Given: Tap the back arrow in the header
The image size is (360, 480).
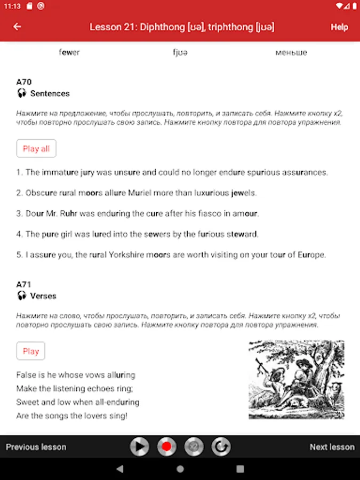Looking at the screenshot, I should coord(17,27).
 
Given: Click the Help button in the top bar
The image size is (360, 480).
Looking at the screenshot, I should coord(339,27).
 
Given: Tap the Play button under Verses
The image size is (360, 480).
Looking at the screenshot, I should coord(31,351).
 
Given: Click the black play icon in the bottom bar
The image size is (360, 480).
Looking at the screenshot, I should coord(140,446).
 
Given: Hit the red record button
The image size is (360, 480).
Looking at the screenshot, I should coord(167,446).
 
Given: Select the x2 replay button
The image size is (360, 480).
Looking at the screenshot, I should coord(194,446).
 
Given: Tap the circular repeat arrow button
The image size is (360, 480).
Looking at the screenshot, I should coord(221,446).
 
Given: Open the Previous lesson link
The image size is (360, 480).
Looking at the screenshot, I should coord(36,447).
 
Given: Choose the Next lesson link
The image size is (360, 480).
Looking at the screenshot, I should coord(332,447).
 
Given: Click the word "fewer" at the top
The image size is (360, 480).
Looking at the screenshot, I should coord(69,52).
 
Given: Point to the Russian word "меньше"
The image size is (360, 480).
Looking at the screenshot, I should coord(291,52).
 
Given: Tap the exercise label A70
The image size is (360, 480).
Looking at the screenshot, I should coord(24,82).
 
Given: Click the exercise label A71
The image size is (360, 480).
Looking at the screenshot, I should coord(24,284).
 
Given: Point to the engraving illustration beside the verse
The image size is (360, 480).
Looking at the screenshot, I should coord(296,380).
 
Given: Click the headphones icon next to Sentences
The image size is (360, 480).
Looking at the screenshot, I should coord(22,93).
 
